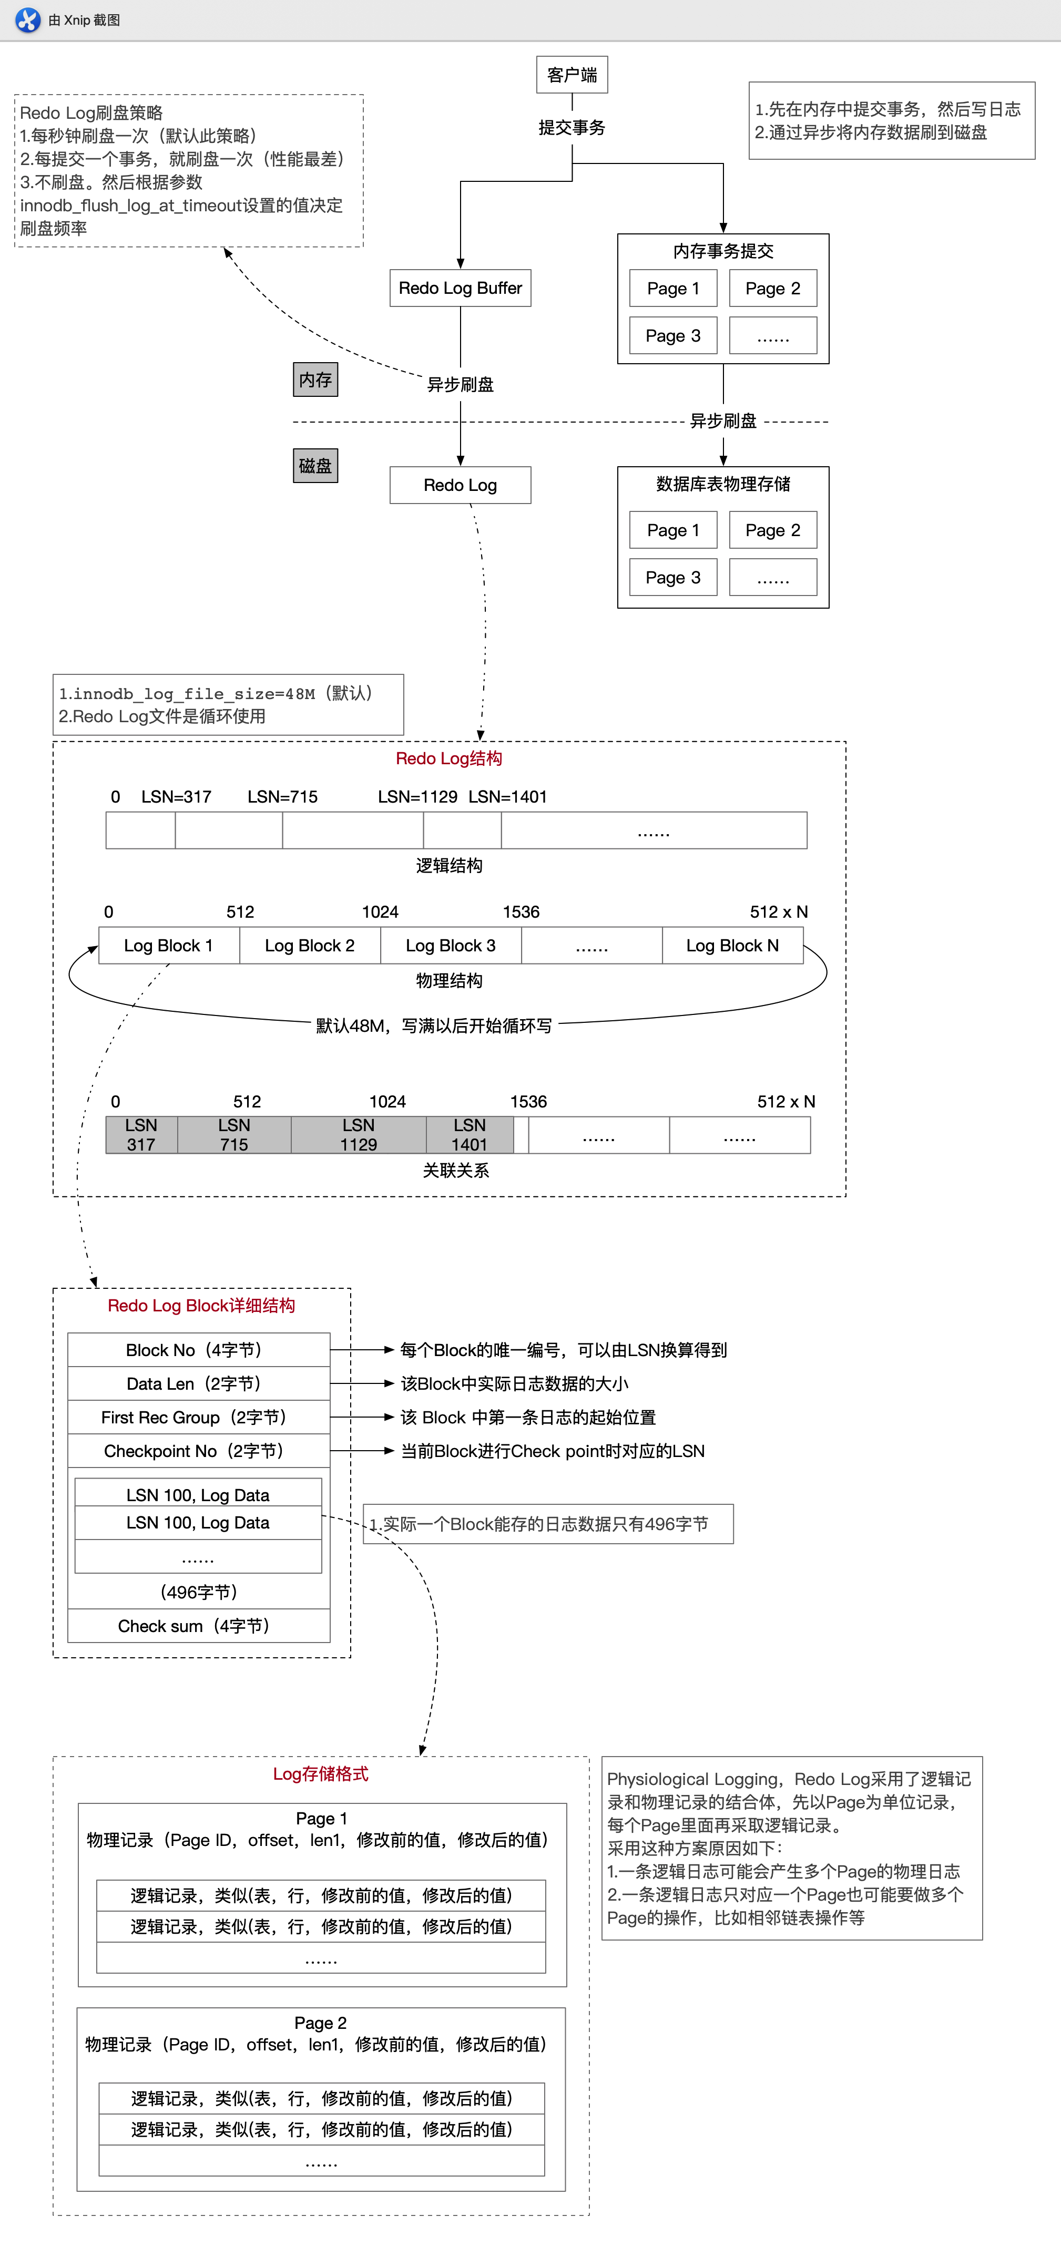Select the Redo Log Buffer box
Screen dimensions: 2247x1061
(460, 288)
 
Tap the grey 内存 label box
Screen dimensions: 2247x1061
(315, 379)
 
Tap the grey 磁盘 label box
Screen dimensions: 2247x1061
(315, 466)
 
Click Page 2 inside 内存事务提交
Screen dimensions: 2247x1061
(772, 289)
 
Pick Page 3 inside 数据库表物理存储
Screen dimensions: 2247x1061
(673, 578)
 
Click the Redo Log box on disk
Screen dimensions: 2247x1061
(460, 485)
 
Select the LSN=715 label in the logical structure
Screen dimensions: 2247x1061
(282, 796)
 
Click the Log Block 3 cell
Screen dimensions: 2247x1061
(450, 946)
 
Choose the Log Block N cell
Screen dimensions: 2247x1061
(732, 946)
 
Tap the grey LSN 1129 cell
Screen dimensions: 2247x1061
(359, 1135)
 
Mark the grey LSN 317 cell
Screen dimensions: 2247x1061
(141, 1135)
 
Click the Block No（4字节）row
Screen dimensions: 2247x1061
(198, 1349)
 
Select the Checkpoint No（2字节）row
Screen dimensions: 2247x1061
(198, 1451)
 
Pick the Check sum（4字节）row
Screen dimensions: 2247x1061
(198, 1626)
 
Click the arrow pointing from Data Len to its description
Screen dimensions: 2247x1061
(362, 1383)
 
